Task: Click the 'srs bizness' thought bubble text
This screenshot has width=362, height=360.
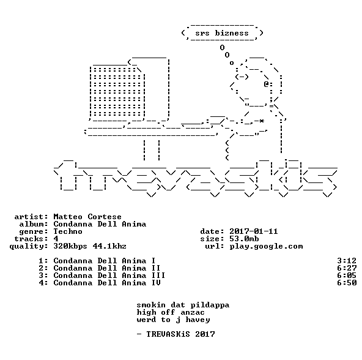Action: [x=222, y=33]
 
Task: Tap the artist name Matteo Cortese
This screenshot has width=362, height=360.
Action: [x=87, y=217]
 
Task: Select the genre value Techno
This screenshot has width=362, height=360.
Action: [x=68, y=231]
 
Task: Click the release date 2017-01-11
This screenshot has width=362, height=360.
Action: [x=254, y=231]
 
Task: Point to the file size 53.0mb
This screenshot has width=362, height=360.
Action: [x=244, y=239]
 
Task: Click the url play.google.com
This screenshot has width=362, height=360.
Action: [x=266, y=247]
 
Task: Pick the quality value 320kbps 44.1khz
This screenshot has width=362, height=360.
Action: [x=90, y=246]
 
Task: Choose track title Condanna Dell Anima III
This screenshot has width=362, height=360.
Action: [x=109, y=276]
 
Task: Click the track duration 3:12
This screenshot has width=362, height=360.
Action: [x=347, y=261]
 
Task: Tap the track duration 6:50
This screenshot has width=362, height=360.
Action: [x=347, y=283]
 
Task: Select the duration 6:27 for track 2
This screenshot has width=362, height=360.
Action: [x=347, y=268]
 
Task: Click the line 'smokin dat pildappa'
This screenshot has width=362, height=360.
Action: [x=183, y=306]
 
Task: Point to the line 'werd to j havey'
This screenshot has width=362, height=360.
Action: [x=173, y=320]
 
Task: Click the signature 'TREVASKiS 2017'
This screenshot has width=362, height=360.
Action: [x=180, y=334]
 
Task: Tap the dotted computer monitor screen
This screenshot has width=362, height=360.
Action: [x=117, y=92]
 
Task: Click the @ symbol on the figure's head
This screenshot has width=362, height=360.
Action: [x=266, y=84]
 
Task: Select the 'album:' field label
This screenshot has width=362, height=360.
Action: [x=34, y=224]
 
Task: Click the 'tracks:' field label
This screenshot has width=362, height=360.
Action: [x=31, y=239]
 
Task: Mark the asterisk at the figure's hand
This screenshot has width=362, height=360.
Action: [x=261, y=121]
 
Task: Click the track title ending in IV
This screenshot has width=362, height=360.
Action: [x=107, y=283]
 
